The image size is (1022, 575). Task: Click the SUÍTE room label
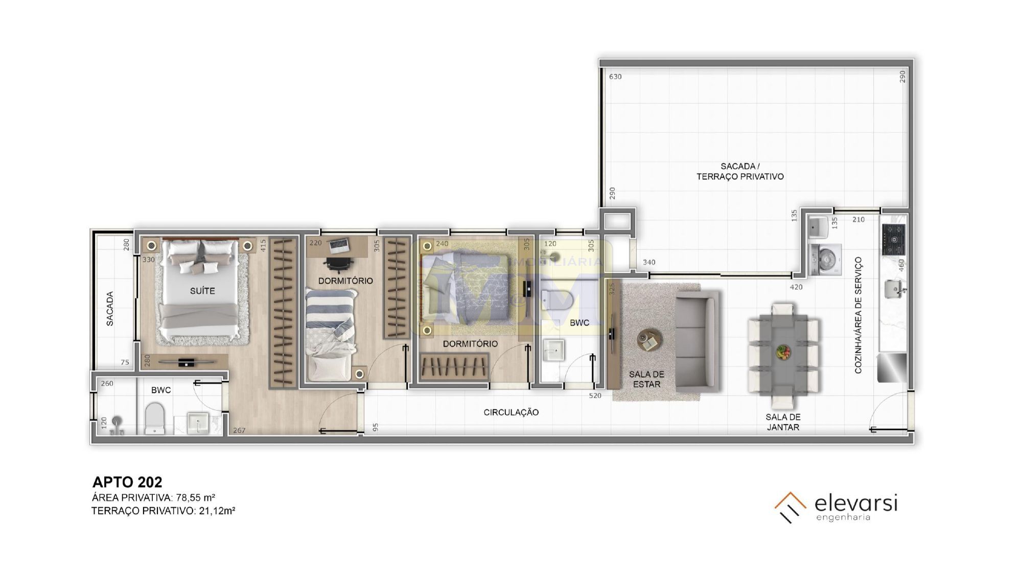pyautogui.click(x=202, y=291)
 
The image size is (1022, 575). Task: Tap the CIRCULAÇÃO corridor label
pyautogui.click(x=511, y=412)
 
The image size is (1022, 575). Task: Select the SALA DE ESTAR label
pyautogui.click(x=646, y=379)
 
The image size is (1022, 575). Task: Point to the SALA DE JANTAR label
pyautogui.click(x=783, y=422)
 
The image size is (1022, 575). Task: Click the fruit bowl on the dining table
pyautogui.click(x=783, y=352)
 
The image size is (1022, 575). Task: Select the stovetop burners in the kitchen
pyautogui.click(x=894, y=240)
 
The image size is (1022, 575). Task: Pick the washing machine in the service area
pyautogui.click(x=825, y=260)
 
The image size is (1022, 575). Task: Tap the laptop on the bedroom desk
pyautogui.click(x=339, y=246)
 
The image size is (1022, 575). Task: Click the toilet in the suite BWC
pyautogui.click(x=154, y=419)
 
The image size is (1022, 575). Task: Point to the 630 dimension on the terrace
pyautogui.click(x=615, y=77)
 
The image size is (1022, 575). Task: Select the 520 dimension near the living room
pyautogui.click(x=595, y=396)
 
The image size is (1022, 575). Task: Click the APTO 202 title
pyautogui.click(x=127, y=482)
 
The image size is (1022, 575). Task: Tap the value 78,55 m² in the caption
pyautogui.click(x=196, y=497)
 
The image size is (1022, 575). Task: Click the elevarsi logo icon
pyautogui.click(x=790, y=507)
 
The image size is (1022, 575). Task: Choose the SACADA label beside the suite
pyautogui.click(x=110, y=309)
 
